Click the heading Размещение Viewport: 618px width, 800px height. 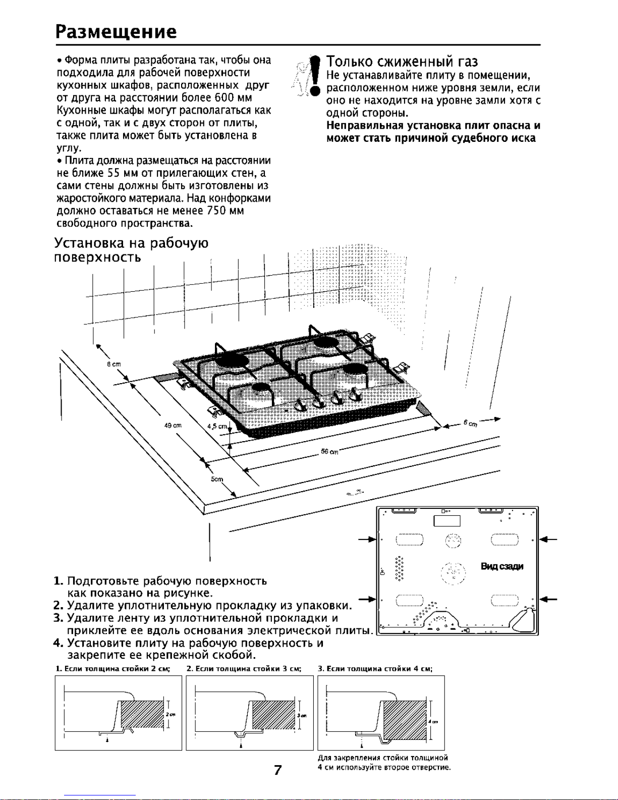tap(116, 31)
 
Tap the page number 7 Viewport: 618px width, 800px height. tap(277, 770)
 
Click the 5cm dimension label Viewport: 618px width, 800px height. tap(217, 479)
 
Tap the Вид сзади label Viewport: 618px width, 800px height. tap(502, 566)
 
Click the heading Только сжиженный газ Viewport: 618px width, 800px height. tap(402, 62)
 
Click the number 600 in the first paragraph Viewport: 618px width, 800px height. tap(222, 97)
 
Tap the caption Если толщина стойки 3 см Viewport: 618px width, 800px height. tap(244, 669)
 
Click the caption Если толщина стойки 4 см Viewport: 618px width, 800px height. tap(375, 669)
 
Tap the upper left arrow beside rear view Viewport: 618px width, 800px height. tap(368, 540)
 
